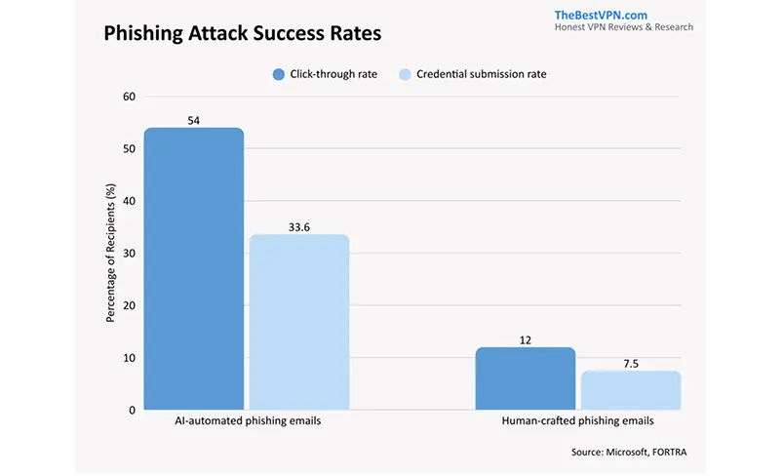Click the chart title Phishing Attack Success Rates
coord(242,33)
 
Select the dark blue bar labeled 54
coord(194,268)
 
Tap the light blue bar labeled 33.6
coord(299,322)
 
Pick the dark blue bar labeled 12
coord(525,378)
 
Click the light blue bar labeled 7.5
coord(631,390)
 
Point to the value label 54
coord(194,119)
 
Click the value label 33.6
coord(299,226)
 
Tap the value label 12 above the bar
coord(525,339)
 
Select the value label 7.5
coord(631,363)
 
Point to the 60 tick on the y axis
coord(129,97)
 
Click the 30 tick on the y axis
coord(129,254)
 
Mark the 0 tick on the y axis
coord(132,410)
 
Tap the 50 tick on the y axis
coord(129,149)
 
